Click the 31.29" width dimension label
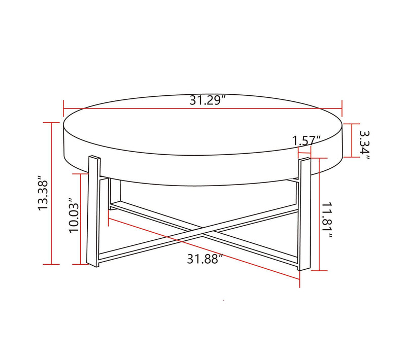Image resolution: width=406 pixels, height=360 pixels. [208, 100]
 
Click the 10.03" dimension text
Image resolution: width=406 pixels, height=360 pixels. [74, 218]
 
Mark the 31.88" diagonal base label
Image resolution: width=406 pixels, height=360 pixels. [205, 259]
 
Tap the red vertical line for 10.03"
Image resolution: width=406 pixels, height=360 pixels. [81, 218]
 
